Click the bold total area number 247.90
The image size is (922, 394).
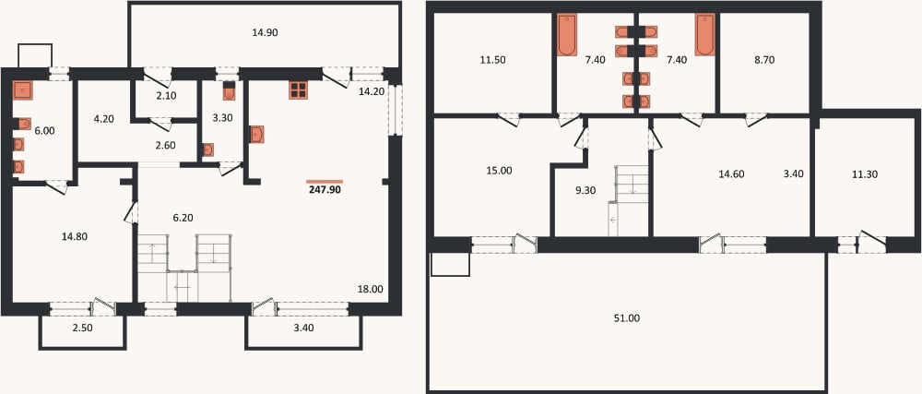pyautogui.click(x=325, y=190)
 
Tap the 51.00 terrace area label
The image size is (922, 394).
pyautogui.click(x=627, y=318)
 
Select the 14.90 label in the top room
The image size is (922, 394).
pyautogui.click(x=265, y=33)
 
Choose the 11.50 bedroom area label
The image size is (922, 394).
pyautogui.click(x=492, y=59)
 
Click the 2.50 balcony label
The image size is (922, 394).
pyautogui.click(x=82, y=328)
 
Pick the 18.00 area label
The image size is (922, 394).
pyautogui.click(x=370, y=289)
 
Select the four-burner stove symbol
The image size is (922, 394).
pyautogui.click(x=298, y=90)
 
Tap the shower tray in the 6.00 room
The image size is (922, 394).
pyautogui.click(x=23, y=90)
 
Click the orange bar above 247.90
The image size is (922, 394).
pyautogui.click(x=325, y=181)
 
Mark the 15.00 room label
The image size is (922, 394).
pyautogui.click(x=499, y=171)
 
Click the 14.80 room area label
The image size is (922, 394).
pyautogui.click(x=74, y=236)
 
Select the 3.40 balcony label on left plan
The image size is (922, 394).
pyautogui.click(x=304, y=328)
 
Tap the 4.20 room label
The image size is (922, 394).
pyautogui.click(x=103, y=118)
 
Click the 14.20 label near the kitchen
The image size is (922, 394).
pyautogui.click(x=372, y=90)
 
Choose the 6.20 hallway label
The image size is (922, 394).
pyautogui.click(x=183, y=218)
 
